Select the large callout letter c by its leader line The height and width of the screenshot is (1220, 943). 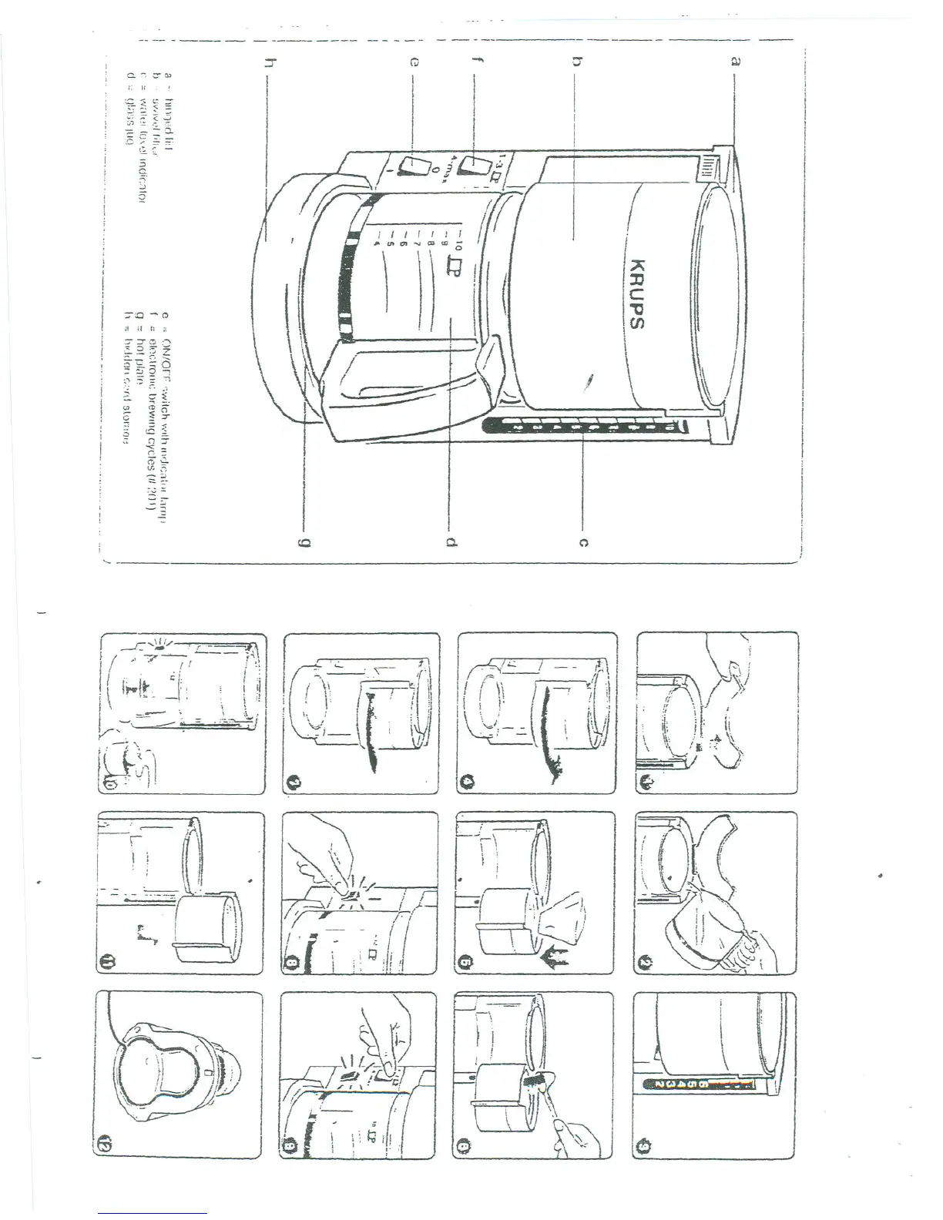click(583, 544)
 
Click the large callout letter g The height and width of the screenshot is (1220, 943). click(305, 544)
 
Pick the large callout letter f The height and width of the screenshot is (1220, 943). click(472, 66)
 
